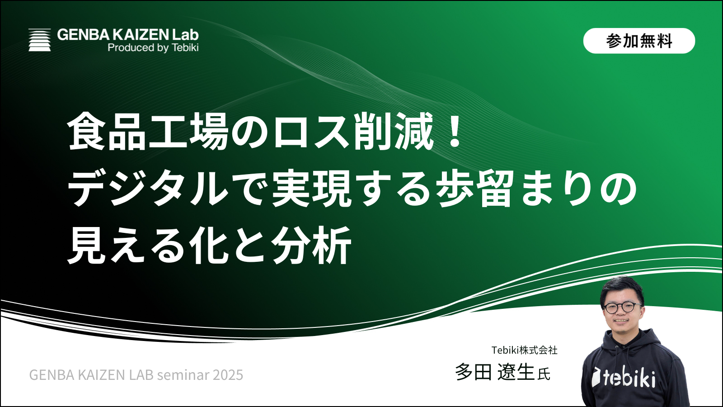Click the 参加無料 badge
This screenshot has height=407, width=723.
[x=639, y=41]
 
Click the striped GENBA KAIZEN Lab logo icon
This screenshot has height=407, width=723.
[x=40, y=40]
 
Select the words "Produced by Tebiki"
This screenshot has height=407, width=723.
[x=153, y=47]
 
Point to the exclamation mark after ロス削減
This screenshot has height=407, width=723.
[x=455, y=133]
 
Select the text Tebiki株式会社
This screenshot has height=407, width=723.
[x=525, y=350]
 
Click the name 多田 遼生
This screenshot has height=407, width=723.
[x=495, y=372]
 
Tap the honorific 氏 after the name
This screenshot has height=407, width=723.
[x=544, y=374]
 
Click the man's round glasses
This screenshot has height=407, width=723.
[x=621, y=308]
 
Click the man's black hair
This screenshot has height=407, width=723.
[x=621, y=289]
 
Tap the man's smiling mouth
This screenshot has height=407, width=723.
[x=622, y=321]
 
